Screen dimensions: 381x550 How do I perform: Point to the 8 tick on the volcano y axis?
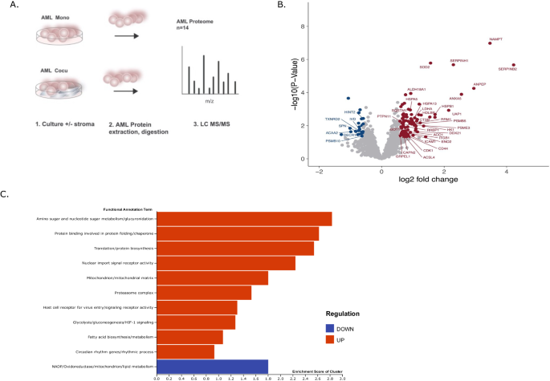302,26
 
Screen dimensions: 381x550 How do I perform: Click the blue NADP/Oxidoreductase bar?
212,367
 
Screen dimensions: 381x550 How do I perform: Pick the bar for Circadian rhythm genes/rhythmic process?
185,351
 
